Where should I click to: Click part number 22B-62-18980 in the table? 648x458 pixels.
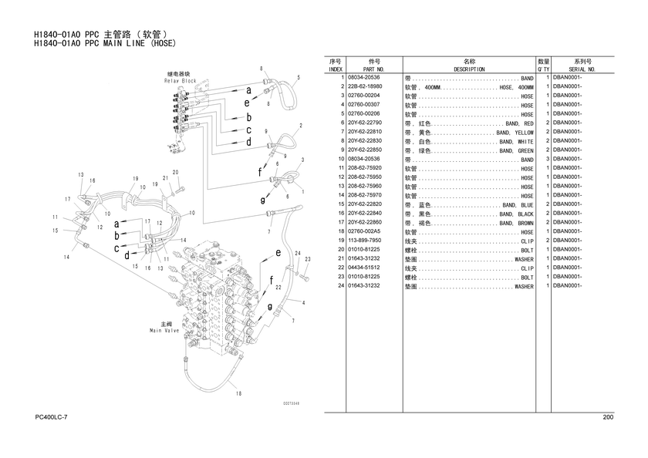(x=366, y=87)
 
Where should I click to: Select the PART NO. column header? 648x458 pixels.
(x=374, y=69)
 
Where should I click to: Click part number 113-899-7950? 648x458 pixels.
(x=366, y=241)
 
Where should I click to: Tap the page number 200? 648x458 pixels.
(x=608, y=417)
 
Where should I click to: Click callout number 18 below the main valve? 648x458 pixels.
(x=238, y=394)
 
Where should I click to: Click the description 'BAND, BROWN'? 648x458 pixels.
(x=516, y=223)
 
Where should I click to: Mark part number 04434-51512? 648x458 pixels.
(x=366, y=268)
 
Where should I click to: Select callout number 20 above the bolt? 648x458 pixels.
(x=175, y=172)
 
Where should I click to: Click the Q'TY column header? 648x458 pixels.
(x=543, y=69)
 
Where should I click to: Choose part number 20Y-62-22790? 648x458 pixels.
(x=366, y=123)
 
